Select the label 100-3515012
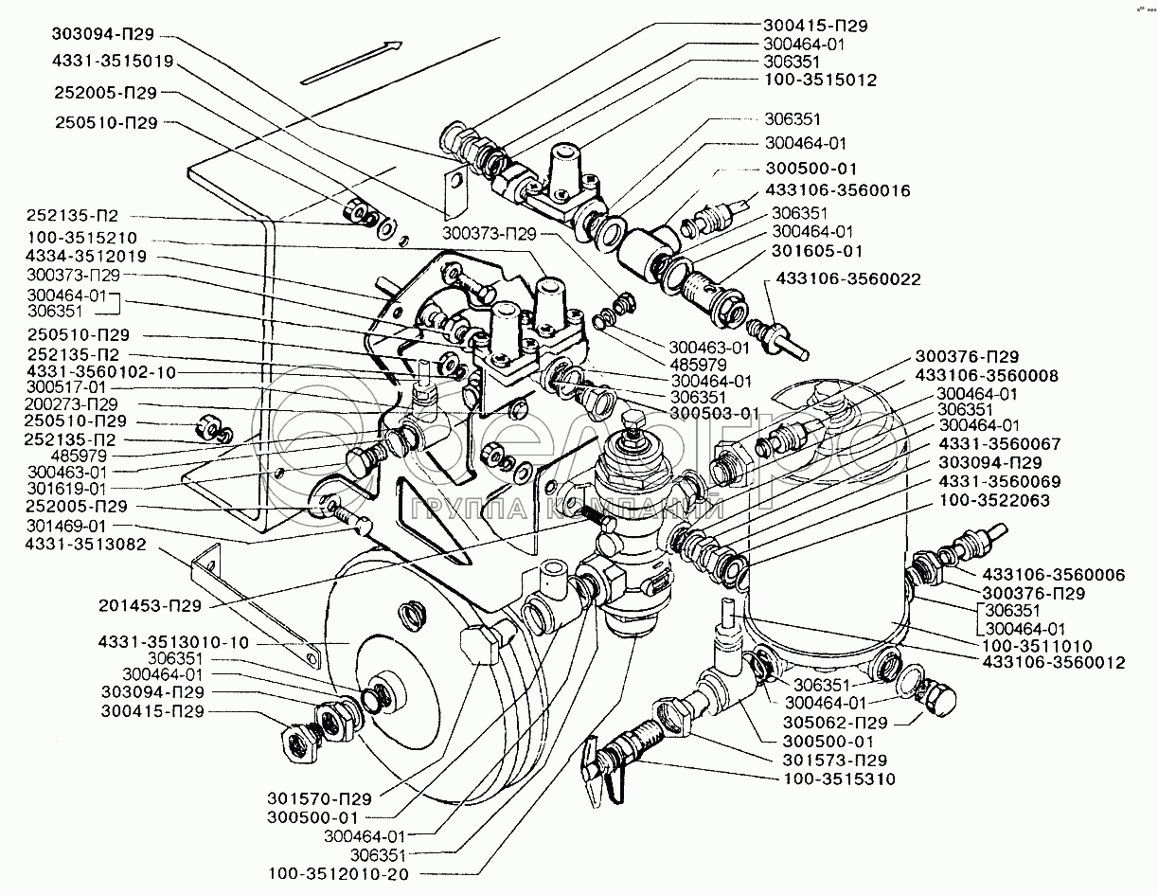(821, 80)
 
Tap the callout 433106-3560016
(840, 190)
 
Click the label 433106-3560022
(848, 278)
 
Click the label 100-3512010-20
(339, 873)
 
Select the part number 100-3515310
(839, 779)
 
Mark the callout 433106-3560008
(985, 375)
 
